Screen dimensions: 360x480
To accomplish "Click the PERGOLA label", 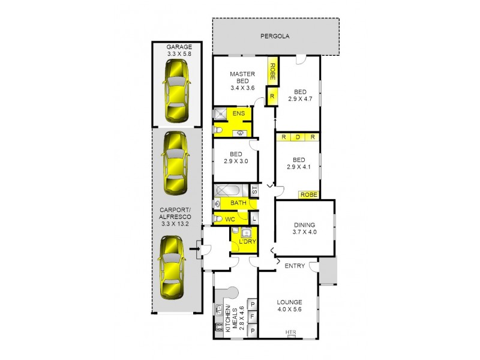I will click(275, 36).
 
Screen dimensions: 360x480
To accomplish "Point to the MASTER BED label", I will click(243, 80).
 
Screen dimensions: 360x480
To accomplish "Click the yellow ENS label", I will click(238, 113).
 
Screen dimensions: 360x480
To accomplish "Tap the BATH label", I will click(238, 203).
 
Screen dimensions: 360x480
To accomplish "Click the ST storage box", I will click(254, 191).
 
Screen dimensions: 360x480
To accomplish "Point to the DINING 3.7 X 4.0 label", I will click(304, 228).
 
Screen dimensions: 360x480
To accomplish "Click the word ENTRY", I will click(295, 266).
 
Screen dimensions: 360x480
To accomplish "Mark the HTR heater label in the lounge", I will click(291, 332).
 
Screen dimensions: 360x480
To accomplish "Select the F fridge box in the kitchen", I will click(253, 317).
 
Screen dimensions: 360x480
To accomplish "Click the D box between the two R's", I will click(297, 137).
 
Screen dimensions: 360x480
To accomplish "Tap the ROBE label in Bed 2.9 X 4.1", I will click(308, 194).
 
